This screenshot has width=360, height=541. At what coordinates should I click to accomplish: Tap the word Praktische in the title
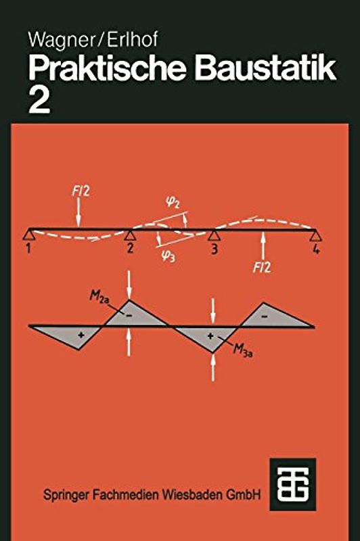[107, 69]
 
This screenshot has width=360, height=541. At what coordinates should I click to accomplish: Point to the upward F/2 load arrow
[263, 245]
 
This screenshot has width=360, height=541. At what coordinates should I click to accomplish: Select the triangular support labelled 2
[129, 235]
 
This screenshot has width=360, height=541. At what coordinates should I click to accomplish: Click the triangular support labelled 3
[214, 235]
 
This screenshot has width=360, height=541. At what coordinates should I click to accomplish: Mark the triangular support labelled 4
[316, 235]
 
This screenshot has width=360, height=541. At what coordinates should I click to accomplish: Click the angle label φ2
[173, 202]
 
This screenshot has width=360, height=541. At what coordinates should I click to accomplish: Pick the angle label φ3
[168, 256]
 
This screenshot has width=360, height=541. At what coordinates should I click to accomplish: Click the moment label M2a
[99, 297]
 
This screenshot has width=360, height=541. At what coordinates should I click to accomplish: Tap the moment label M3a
[243, 350]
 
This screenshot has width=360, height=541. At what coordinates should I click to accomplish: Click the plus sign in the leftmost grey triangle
[81, 335]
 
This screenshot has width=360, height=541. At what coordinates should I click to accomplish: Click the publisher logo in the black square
[293, 484]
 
